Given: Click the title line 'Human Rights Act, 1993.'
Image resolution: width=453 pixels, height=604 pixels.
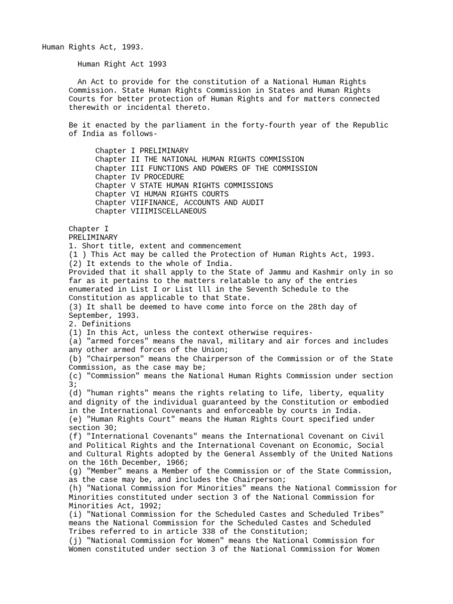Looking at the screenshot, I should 93,47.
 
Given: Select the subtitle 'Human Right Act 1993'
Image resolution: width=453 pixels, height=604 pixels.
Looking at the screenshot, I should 122,64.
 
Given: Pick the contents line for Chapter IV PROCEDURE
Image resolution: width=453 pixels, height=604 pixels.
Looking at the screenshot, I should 140,177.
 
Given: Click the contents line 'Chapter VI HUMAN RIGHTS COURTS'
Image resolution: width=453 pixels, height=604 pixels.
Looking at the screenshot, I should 162,194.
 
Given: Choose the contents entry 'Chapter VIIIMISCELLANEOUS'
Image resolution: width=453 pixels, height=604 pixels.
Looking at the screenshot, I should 150,211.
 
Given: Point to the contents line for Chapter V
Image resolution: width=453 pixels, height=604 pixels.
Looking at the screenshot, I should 184,185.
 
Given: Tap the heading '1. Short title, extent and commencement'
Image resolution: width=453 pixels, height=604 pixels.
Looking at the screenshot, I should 155,246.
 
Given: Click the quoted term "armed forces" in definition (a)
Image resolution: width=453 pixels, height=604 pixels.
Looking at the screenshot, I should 115,341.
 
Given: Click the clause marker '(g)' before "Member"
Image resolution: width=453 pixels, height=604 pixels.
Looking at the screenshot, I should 75,471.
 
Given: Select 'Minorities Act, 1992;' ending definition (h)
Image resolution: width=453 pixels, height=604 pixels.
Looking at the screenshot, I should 113,505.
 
